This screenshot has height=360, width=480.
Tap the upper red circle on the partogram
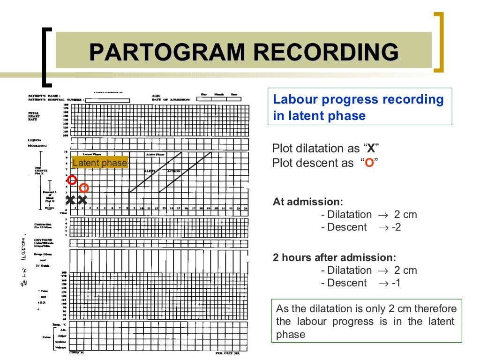[72, 180]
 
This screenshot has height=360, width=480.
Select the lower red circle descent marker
[84, 188]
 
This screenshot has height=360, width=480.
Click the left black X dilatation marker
[70, 200]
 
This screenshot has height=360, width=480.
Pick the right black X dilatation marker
[82, 200]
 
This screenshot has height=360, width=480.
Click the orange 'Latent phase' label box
[99, 163]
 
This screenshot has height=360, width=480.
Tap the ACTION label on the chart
[174, 172]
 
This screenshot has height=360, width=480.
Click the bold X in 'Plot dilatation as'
[371, 149]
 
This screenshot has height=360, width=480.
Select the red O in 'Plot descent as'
[369, 163]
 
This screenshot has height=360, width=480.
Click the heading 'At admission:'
[308, 202]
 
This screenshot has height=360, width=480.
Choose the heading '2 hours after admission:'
[334, 258]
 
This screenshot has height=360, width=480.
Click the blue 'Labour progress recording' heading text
[358, 99]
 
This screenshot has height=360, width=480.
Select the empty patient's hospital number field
[107, 100]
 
